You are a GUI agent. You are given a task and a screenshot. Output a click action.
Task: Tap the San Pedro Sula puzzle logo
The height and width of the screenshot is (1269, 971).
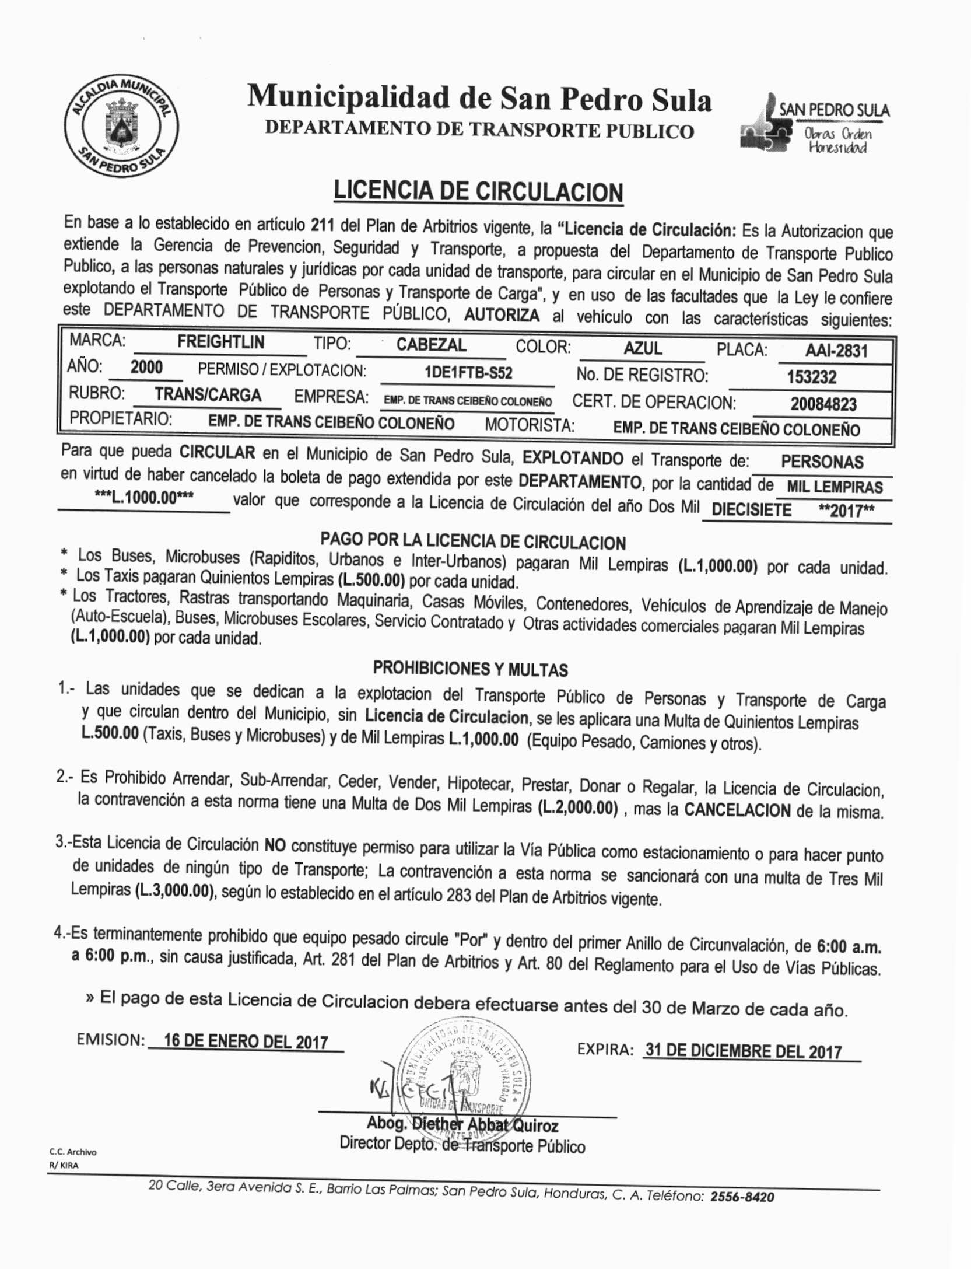815,124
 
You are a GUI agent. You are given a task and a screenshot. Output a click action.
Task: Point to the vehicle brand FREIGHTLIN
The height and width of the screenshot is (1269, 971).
220,342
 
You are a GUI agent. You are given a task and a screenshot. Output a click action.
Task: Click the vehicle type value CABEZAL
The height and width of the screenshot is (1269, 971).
431,345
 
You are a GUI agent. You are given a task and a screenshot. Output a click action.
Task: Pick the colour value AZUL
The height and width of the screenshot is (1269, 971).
643,348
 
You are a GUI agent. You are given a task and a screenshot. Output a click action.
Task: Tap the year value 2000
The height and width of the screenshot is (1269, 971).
146,367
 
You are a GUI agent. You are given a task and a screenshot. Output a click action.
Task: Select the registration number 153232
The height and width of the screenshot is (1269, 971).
811,377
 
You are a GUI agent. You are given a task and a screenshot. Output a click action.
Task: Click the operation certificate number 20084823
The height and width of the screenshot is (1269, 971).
823,404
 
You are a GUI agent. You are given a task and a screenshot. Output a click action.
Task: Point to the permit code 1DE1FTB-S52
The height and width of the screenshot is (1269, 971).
468,373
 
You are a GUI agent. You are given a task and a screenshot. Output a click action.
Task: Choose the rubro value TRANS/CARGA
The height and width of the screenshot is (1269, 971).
208,395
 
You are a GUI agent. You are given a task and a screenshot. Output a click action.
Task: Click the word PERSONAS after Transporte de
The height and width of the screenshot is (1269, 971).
822,462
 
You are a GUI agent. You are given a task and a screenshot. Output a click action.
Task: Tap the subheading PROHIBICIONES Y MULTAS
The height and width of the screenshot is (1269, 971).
470,669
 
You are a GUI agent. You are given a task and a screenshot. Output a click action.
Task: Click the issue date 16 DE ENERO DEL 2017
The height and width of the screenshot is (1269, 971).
246,1041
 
